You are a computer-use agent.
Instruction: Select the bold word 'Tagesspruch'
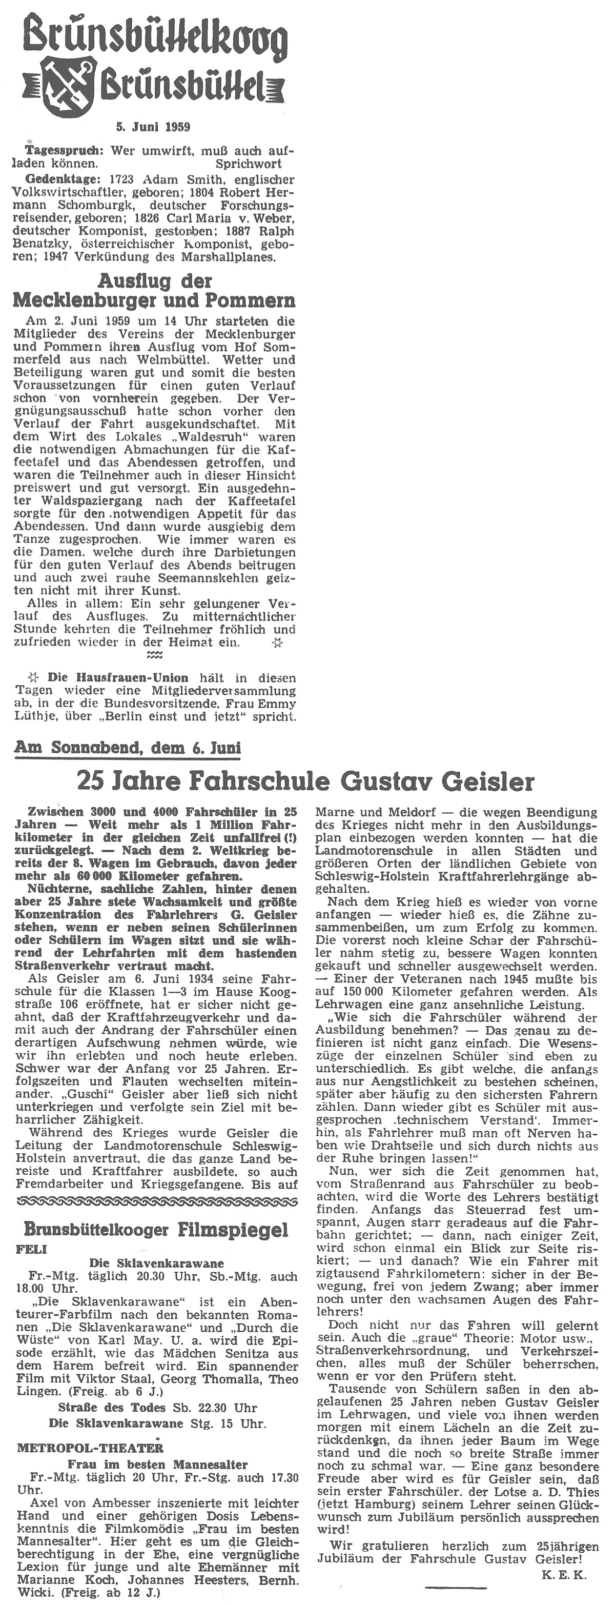(x=61, y=151)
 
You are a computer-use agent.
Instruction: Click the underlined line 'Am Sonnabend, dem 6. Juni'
(x=128, y=747)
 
